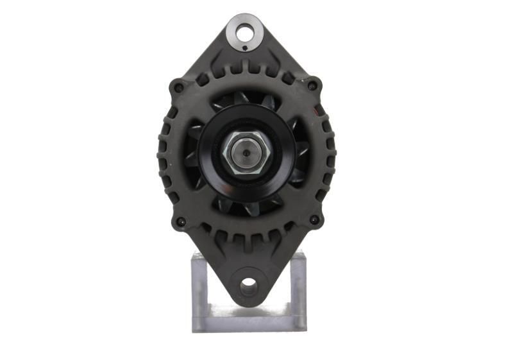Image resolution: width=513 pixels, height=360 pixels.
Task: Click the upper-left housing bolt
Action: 179,87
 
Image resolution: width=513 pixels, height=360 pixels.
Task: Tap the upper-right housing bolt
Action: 312,85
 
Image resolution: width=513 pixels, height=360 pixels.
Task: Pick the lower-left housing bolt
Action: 180,221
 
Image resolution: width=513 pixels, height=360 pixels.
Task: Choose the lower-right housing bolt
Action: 314,220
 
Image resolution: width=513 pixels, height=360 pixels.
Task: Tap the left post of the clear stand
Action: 201,289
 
